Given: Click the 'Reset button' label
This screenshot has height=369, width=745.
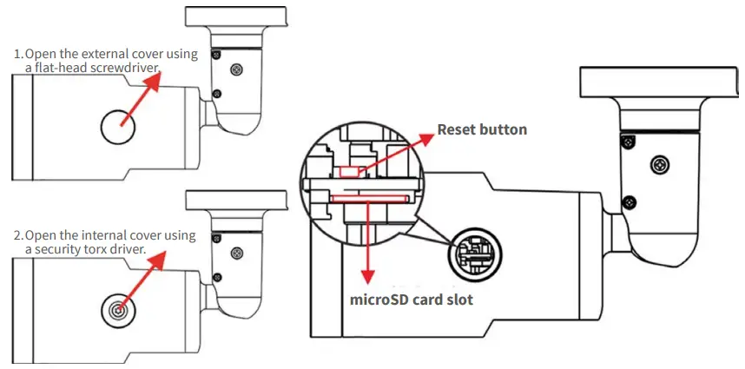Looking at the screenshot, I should pyautogui.click(x=482, y=129).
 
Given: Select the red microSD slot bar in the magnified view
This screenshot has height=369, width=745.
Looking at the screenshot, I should pyautogui.click(x=368, y=197).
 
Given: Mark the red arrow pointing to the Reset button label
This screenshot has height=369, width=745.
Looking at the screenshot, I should pyautogui.click(x=395, y=150).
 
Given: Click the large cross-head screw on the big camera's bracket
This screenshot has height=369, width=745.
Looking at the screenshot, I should pyautogui.click(x=661, y=164).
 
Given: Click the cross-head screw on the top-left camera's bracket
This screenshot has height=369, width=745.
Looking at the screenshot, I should pyautogui.click(x=236, y=68).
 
